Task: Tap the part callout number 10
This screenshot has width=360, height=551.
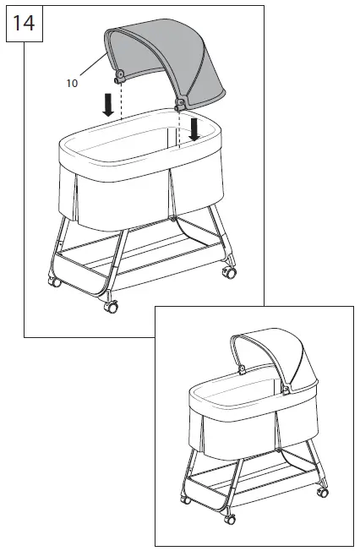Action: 71,82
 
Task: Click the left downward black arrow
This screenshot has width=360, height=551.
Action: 107,104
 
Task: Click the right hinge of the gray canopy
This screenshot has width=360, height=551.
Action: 180,104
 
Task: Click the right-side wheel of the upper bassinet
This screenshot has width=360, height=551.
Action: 227,273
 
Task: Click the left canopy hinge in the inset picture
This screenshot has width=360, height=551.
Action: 242,368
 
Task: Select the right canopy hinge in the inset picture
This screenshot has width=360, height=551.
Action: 286,390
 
